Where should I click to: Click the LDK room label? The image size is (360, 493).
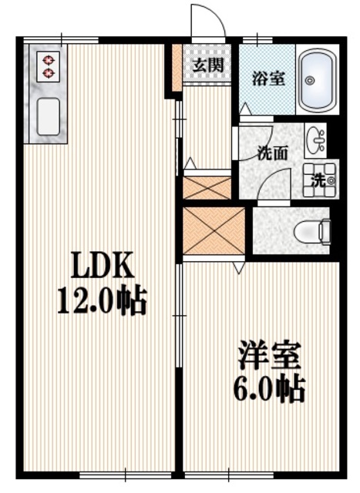[104, 267]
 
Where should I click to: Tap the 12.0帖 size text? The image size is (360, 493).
[103, 300]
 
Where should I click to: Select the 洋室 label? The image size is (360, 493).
[268, 357]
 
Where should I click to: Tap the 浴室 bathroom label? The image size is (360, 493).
[267, 79]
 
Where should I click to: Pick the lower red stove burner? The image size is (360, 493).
[49, 73]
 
